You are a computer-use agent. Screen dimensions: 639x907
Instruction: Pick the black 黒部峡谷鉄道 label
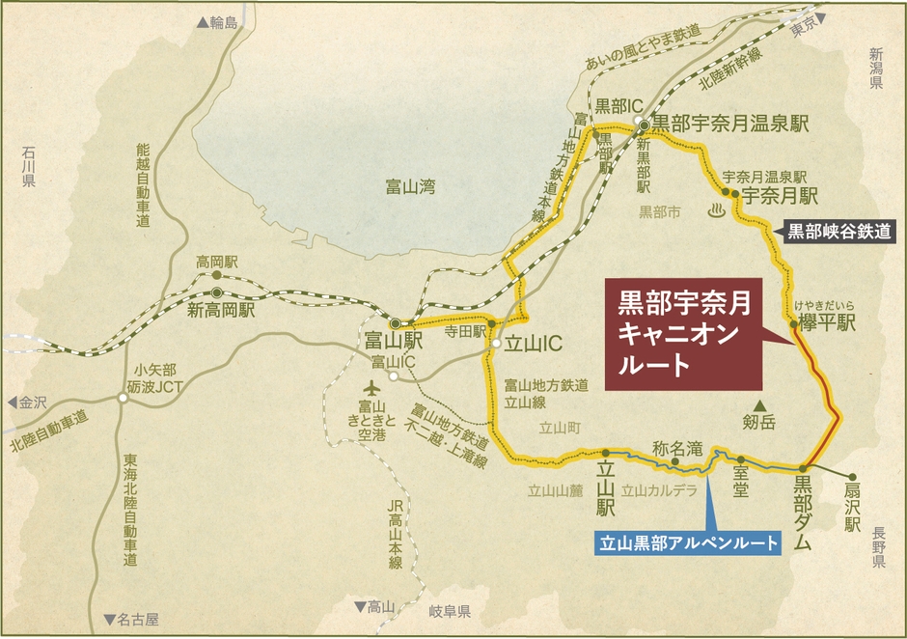tap(838, 232)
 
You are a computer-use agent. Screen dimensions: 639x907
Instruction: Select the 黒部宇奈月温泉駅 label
tap(729, 123)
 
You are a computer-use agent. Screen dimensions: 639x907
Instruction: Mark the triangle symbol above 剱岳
tap(760, 405)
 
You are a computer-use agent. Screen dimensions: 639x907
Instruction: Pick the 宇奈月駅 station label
tap(780, 194)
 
